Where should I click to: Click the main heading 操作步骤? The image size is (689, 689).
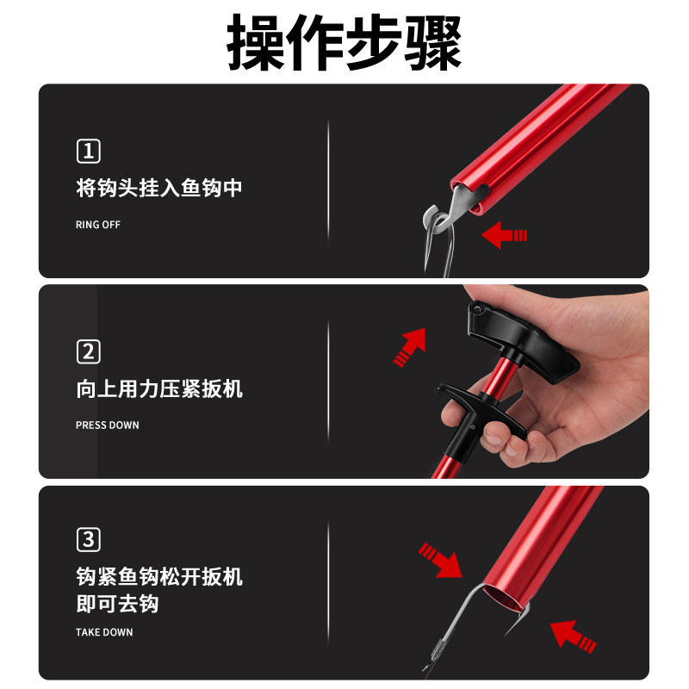pos(344,41)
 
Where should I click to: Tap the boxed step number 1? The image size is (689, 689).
pos(89,152)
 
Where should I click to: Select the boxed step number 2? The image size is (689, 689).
pos(89,351)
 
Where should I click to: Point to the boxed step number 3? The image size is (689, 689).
pos(89,540)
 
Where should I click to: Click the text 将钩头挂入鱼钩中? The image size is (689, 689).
pos(159,188)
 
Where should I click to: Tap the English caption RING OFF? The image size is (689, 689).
pos(98,225)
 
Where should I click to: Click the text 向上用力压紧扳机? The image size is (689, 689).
pos(159,388)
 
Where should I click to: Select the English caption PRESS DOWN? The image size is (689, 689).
pos(107,425)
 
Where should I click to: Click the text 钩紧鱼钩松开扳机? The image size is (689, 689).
pos(159,576)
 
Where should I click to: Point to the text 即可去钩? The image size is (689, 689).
pos(117,605)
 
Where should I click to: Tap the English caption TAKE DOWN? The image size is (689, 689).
pos(104,633)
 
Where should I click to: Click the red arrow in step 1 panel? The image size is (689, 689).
pos(504,234)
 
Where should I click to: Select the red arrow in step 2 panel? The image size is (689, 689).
pos(410,345)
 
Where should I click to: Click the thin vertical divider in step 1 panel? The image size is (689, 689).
pos(328,181)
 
